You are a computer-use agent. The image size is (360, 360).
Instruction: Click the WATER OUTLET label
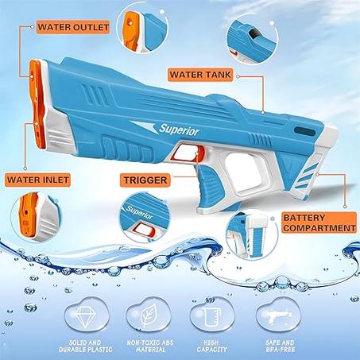[x=73, y=27]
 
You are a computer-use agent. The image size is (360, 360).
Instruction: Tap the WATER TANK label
[x=200, y=75]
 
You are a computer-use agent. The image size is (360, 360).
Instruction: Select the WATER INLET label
[x=38, y=180]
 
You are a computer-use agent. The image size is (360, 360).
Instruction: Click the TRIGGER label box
[x=145, y=180]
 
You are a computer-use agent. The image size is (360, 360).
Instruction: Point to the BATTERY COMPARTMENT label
[x=319, y=223]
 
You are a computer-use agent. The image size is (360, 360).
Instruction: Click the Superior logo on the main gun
[x=179, y=130]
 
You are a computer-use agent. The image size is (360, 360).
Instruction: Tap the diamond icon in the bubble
[x=87, y=316]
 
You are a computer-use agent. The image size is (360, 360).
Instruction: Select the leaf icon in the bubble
[x=149, y=316]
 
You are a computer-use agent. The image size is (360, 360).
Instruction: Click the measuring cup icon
[x=211, y=316]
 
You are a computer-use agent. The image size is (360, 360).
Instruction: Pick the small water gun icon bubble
[x=279, y=315]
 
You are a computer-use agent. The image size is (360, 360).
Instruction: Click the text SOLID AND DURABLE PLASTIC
[x=86, y=346]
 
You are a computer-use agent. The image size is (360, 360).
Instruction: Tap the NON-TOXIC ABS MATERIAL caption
[x=150, y=346]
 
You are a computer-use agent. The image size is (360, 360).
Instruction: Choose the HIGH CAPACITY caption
[x=211, y=346]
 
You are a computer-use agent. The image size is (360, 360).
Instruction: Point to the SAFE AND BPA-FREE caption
[x=280, y=346]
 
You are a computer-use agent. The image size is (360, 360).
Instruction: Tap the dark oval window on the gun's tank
[x=304, y=131]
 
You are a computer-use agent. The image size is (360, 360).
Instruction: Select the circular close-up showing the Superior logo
[x=144, y=217]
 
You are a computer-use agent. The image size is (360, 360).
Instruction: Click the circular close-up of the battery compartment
[x=252, y=234]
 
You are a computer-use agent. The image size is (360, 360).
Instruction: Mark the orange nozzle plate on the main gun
[x=37, y=105]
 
